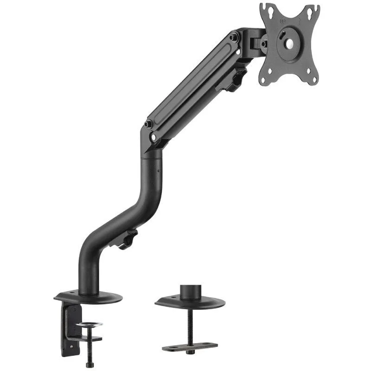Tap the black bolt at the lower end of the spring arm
(x=149, y=124)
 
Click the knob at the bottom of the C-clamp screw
(x=90, y=365)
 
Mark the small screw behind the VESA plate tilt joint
(x=263, y=44)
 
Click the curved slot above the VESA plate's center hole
(x=289, y=31)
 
